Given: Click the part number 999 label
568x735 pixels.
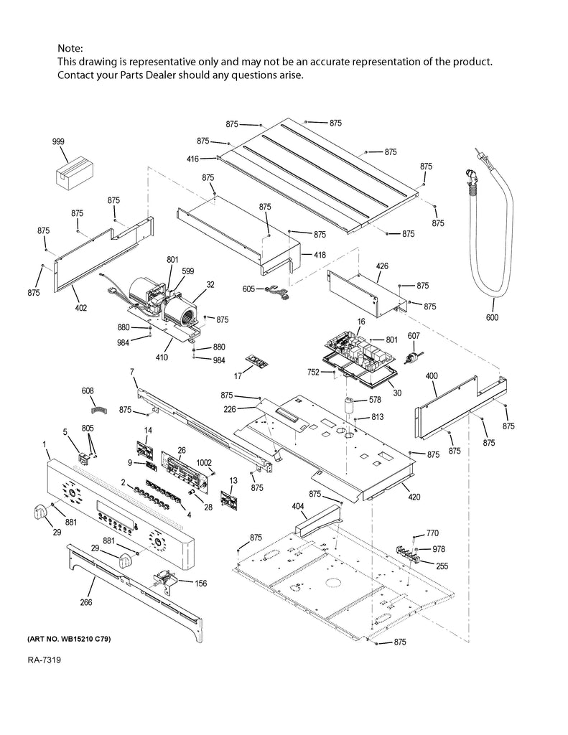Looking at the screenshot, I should point(58,142).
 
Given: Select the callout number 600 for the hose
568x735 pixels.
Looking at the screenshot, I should point(492,318).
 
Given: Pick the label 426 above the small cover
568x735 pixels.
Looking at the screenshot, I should point(382,267).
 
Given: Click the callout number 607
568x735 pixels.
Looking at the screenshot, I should point(414,336).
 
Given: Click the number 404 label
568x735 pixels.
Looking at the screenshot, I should point(298,506).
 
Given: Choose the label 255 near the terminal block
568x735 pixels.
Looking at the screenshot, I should point(441,566).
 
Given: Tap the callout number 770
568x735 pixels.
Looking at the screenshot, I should point(432,533).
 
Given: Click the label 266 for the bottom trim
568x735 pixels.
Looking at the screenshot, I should point(85,602).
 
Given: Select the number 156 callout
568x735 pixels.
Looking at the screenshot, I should point(200,584).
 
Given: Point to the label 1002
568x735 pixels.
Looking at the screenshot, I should point(205,463).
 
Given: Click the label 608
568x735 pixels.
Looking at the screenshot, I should point(87,391).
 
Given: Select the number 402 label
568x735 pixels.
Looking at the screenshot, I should point(80,308).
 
